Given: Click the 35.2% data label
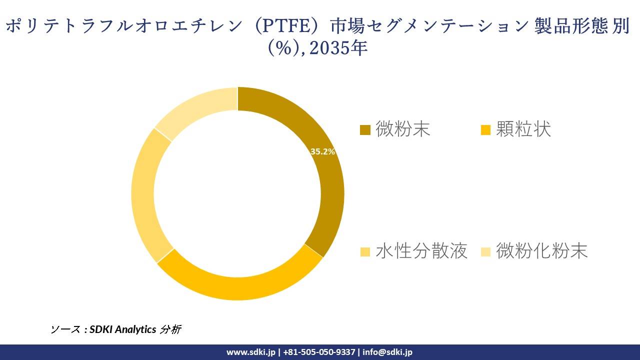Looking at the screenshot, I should tap(322, 151).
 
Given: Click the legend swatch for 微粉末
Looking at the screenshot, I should tap(365, 130).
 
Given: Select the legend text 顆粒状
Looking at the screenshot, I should tap(523, 130).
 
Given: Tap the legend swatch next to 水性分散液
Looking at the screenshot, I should tap(365, 251).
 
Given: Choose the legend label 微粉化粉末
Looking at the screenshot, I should tap(541, 251).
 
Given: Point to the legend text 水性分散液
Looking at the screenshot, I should tap(421, 251).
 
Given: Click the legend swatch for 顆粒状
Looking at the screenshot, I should tap(485, 130).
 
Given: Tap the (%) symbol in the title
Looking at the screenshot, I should tap(284, 49).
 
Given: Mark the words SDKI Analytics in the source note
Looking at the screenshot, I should tap(123, 329).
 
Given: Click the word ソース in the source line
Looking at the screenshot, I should tap(65, 329).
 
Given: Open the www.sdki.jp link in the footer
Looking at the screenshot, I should tap(250, 352).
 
